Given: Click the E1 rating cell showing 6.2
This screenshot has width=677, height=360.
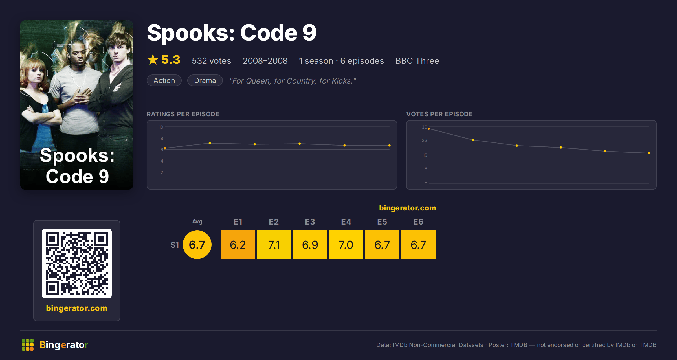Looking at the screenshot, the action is point(238,245).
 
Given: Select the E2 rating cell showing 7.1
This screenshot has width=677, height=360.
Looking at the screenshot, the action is point(274,245).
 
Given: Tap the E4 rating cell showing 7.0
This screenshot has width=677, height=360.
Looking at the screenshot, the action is point(346,245).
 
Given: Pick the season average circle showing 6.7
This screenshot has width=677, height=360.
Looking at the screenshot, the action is point(197,245).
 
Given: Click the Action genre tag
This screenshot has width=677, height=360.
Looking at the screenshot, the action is point(164,80).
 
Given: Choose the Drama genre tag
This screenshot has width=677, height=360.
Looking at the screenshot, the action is point(205,80).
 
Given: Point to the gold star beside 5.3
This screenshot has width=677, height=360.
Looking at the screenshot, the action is point(153,60).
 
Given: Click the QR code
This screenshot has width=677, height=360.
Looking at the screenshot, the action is point(77,264).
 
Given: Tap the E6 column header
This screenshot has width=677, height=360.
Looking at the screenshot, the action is point(418,222).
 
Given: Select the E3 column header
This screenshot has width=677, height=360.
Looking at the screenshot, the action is point(310,222).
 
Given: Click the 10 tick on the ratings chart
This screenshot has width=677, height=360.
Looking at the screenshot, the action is point(161,127).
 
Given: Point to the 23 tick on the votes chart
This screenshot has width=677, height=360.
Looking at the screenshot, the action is point(424,140).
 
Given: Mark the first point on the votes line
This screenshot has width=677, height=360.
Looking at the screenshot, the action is point(429,129).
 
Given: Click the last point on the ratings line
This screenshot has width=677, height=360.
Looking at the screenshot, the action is point(389,146).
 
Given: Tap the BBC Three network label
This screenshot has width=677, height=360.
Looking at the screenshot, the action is point(417,61).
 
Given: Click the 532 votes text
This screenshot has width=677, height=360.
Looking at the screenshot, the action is point(211,61).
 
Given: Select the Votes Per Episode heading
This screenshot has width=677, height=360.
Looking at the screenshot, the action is point(439,114).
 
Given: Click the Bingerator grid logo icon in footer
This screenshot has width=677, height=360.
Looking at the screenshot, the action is point(28,345).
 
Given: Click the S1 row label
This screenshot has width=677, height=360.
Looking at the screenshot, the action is point(175,245).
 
